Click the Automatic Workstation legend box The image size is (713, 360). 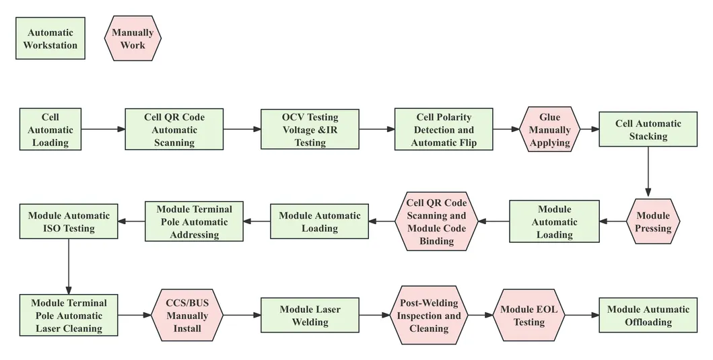coord(50,39)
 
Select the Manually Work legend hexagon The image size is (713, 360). coord(133,39)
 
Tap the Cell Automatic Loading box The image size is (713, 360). coord(50,129)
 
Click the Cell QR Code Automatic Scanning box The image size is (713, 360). coord(174,129)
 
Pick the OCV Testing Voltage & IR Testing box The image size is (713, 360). coord(310,129)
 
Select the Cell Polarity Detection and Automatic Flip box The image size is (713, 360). coord(443,129)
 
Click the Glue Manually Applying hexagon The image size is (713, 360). coord(549,129)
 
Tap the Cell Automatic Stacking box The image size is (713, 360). coord(648,129)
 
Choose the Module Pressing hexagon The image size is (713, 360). coord(653,221)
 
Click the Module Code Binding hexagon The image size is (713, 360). coord(436,221)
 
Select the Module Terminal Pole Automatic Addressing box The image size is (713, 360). coord(194,221)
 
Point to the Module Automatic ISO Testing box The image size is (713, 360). coord(68,221)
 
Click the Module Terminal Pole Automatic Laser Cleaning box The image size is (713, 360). coord(68,315)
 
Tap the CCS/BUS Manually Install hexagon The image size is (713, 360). coord(186,315)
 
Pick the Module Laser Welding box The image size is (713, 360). coord(310,315)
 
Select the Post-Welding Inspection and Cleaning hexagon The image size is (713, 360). coord(429,315)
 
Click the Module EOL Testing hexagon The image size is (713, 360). coord(529,315)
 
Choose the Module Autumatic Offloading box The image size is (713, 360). coord(648,315)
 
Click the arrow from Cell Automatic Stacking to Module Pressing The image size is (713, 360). coord(648,172)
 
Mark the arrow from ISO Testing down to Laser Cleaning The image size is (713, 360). coord(68,266)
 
